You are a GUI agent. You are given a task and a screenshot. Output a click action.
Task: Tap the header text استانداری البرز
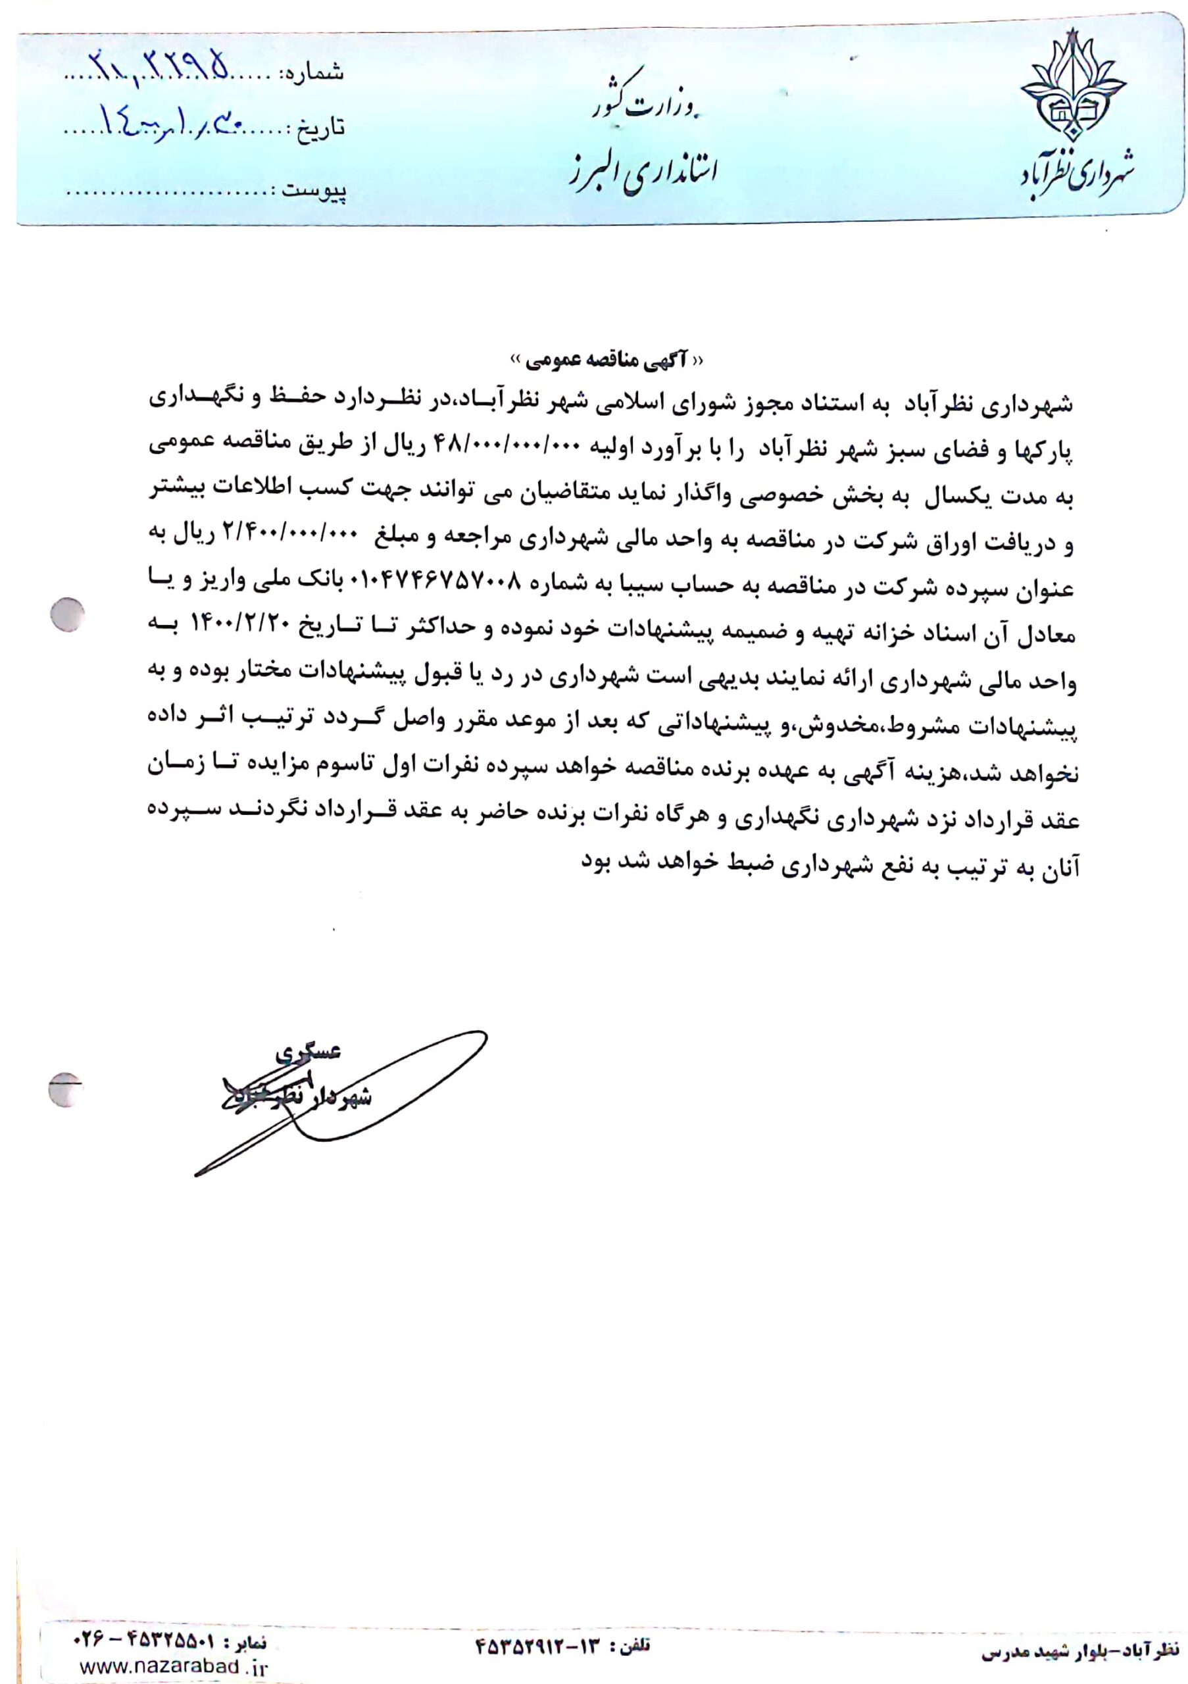pyautogui.click(x=643, y=170)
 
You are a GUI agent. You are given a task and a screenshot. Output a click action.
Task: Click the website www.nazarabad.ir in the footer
pyautogui.click(x=172, y=1666)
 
